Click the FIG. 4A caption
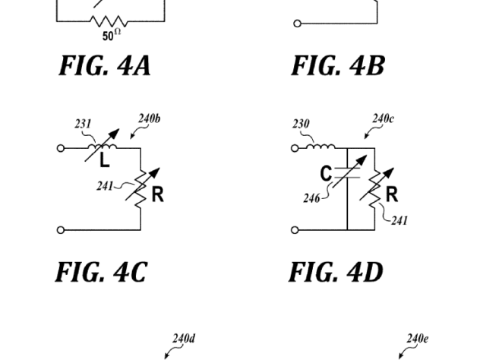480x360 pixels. tap(104, 66)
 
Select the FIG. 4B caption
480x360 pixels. tap(338, 66)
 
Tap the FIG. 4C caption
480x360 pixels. tap(101, 272)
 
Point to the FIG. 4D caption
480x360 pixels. tap(336, 272)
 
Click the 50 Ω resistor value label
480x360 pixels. tap(112, 35)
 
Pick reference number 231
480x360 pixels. tap(83, 124)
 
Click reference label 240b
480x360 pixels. tap(149, 118)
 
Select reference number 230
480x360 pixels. tap(301, 124)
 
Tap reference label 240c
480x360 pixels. tap(383, 118)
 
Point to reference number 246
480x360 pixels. tap(311, 198)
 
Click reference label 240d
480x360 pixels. tap(183, 339)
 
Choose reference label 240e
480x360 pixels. tap(417, 339)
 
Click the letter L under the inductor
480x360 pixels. tap(104, 160)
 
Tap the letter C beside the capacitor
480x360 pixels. tap(326, 173)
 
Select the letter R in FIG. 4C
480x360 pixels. tap(158, 194)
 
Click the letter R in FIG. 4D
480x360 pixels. tap(392, 194)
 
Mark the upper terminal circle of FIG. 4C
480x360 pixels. tap(61, 148)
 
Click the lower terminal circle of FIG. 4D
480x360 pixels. tap(295, 230)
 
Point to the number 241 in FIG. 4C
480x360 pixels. tap(105, 186)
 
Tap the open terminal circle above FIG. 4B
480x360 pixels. tap(297, 24)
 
